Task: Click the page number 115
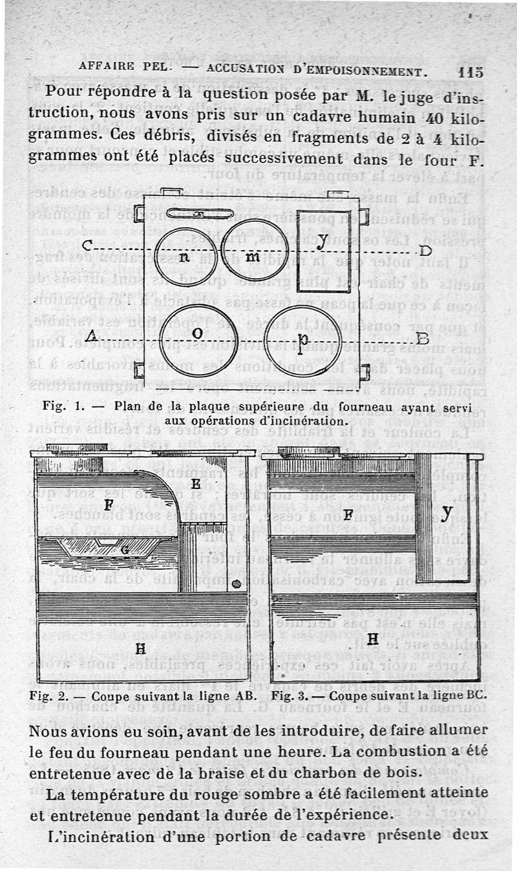point(470,71)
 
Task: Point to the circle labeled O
point(198,334)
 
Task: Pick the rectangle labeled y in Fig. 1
point(323,247)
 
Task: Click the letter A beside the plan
point(91,335)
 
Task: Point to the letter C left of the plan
point(89,246)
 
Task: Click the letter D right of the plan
point(425,251)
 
